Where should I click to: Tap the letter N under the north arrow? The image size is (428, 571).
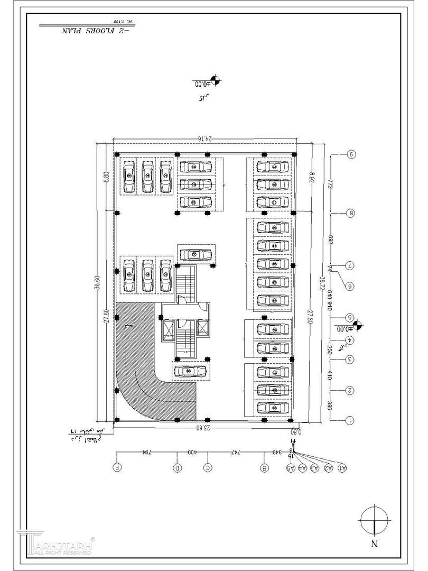(374, 543)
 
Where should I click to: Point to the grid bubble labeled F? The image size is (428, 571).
(117, 468)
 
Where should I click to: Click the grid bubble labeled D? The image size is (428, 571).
(178, 468)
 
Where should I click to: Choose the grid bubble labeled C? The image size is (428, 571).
(208, 468)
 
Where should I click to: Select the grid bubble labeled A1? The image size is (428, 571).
(342, 468)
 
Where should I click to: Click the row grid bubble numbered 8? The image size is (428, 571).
(350, 213)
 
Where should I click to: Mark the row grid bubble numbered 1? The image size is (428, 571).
(350, 420)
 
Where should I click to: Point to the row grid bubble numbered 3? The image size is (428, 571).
(350, 360)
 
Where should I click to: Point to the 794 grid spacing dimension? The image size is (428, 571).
(147, 453)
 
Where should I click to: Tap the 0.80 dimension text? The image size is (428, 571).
(296, 431)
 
